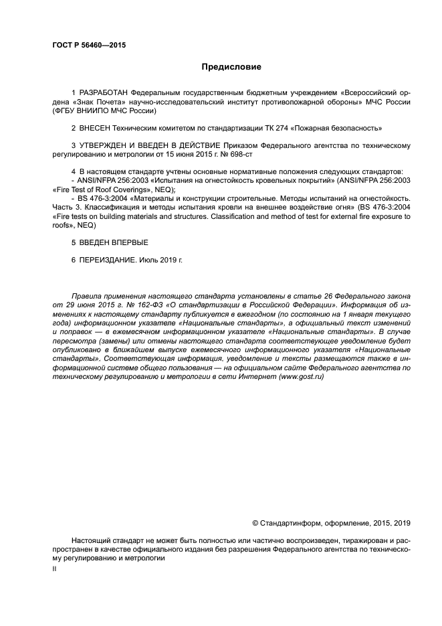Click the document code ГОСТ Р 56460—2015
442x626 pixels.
pyautogui.click(x=88, y=46)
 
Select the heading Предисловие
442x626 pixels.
pyautogui.click(x=231, y=67)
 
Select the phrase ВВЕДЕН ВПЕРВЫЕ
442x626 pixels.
pyautogui.click(x=114, y=242)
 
